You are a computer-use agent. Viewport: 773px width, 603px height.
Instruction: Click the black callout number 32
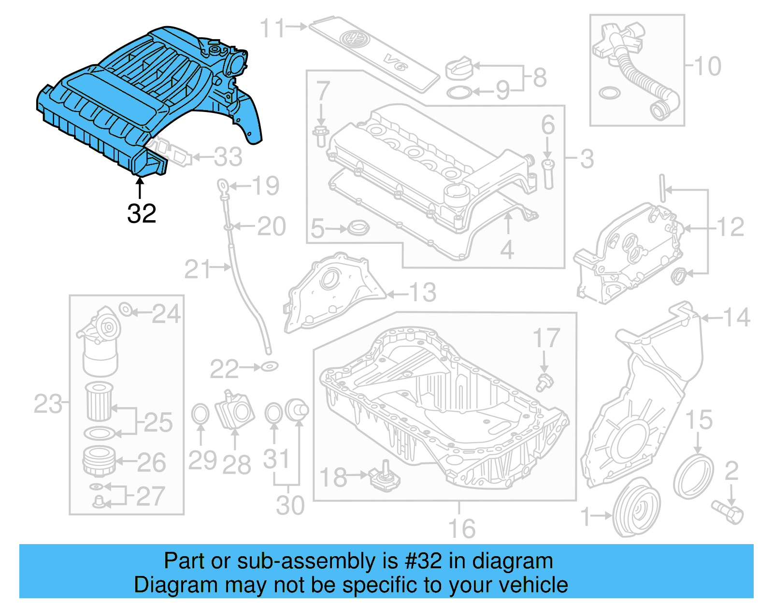(142, 213)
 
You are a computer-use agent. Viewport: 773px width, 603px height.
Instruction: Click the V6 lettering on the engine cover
(396, 62)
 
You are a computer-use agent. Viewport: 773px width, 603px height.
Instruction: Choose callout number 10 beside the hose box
(707, 66)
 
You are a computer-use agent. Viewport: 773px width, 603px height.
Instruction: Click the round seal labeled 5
(358, 227)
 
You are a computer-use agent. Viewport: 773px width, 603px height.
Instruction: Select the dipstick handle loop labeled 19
(222, 185)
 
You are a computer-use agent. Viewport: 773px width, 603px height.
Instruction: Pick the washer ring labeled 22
(270, 367)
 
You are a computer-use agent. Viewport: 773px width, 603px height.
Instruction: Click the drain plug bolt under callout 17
(544, 382)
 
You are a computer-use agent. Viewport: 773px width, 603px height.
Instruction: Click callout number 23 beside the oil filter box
(48, 404)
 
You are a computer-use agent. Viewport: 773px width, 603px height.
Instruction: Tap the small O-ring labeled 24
(125, 309)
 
